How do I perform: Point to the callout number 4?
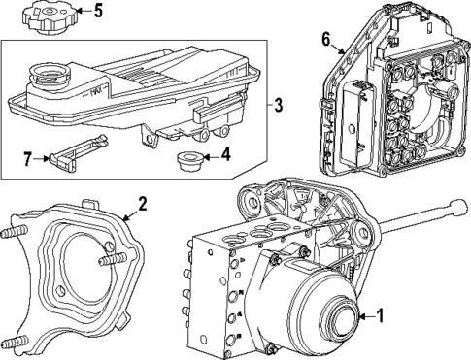pyautogui.click(x=225, y=152)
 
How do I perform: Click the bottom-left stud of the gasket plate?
pyautogui.click(x=15, y=343)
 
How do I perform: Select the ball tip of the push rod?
pyautogui.click(x=457, y=206)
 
